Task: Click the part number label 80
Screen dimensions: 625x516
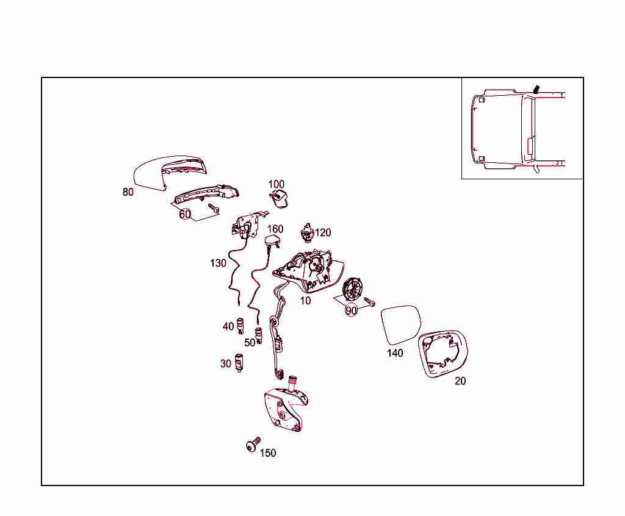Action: tap(128, 192)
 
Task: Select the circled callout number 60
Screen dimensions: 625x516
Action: tap(185, 214)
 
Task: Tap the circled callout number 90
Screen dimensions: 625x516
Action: tap(351, 310)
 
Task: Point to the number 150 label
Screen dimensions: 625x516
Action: tap(268, 453)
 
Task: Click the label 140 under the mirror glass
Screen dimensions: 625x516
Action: tap(395, 353)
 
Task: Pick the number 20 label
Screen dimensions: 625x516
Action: tap(460, 381)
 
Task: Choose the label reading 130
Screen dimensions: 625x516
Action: tap(218, 263)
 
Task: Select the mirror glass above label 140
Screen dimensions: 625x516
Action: tap(401, 324)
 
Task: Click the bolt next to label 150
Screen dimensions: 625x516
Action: tap(253, 444)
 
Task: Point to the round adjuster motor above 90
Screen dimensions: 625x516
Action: tap(353, 290)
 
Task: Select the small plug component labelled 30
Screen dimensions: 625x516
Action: tap(239, 362)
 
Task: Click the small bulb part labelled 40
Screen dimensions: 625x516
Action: tap(240, 326)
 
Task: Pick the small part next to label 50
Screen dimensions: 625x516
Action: tap(259, 335)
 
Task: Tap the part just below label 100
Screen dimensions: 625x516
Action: tap(280, 199)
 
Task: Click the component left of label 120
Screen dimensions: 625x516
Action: tap(306, 233)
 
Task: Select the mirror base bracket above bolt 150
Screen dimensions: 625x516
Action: tap(286, 409)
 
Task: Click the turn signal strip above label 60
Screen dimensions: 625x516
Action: tap(206, 193)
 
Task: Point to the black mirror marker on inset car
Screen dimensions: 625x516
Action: tap(536, 89)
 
